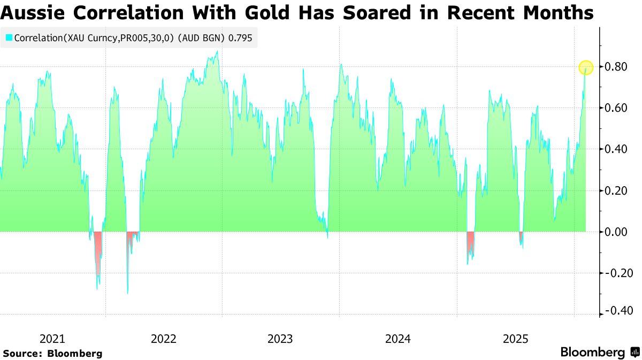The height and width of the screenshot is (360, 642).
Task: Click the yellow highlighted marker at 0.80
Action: click(586, 67)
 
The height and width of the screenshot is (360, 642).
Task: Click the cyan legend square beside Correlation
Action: click(9, 38)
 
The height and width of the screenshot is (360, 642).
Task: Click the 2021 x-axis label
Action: click(52, 339)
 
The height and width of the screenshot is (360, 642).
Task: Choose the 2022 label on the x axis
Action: click(163, 339)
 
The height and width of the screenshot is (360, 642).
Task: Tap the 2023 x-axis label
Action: click(280, 339)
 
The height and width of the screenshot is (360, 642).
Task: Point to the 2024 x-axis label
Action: click(398, 339)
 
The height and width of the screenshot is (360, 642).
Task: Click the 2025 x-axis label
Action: click(515, 339)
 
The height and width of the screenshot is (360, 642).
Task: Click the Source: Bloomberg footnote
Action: click(52, 354)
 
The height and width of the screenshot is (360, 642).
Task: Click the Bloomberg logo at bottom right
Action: click(600, 353)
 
